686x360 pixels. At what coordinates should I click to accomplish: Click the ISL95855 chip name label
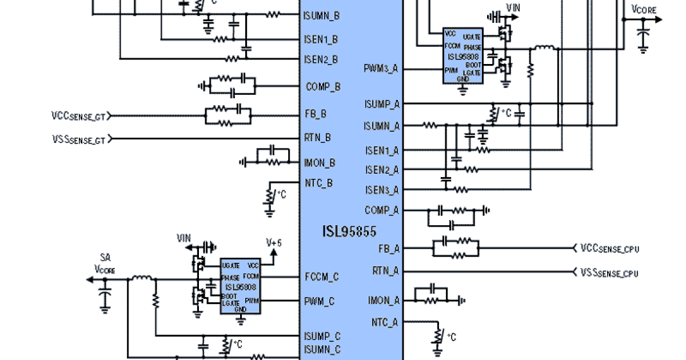pos(350,232)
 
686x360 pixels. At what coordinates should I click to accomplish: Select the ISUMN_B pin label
pos(321,16)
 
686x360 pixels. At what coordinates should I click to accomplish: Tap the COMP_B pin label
pos(323,87)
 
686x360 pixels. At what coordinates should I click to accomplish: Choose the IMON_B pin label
pos(320,163)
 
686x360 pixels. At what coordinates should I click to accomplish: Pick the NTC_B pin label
pos(318,183)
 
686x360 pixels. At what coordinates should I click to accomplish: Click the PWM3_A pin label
pos(381,69)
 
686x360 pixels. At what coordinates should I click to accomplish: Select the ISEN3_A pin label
pos(382,190)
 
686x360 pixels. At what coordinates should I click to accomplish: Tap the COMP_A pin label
pos(382,210)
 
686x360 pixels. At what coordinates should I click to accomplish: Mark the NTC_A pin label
pos(384,322)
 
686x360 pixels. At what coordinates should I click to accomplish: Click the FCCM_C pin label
pos(321,277)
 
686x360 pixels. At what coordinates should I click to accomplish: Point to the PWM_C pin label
pos(321,301)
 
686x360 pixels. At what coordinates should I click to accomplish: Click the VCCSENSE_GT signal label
pos(78,116)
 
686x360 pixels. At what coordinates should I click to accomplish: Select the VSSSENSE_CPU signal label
pos(609,273)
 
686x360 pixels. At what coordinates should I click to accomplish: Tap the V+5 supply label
pos(274,243)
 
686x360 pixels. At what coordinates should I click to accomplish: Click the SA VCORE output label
pos(105,263)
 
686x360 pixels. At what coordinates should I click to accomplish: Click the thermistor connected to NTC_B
pos(270,196)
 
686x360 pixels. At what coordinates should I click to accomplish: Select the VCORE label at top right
pos(644,9)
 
